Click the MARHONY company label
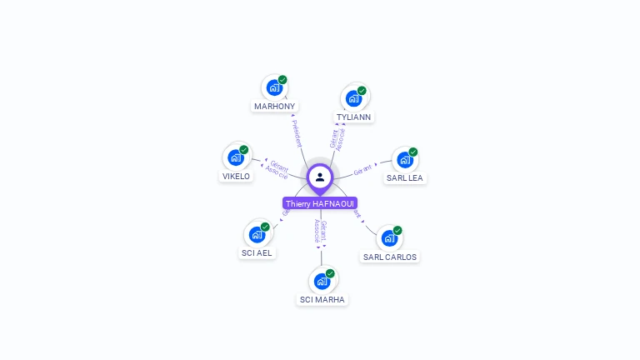pos(275,107)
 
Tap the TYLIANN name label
pos(354,117)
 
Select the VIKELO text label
pos(236,177)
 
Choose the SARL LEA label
pos(405,178)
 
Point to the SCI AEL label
pos(257,253)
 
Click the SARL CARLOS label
pos(389,257)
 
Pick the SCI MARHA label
pos(322,300)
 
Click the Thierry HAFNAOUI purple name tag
pos(320,203)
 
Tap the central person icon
pos(320,177)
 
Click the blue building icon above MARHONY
pos(273,87)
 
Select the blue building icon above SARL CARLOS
pos(388,237)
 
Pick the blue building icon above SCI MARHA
pos(322,281)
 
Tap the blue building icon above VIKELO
pos(236,157)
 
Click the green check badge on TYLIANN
pos(362,91)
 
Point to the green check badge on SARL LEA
pos(413,152)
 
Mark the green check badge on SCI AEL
pos(265,227)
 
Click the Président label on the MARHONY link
pos(297,133)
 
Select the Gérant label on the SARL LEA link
pos(362,171)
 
